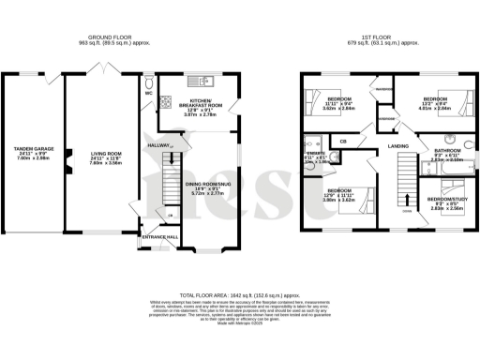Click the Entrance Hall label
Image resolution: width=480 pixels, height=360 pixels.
click(159, 237)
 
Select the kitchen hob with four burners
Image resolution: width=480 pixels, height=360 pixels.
click(164, 100)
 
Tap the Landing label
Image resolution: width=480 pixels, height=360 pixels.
click(397, 146)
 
